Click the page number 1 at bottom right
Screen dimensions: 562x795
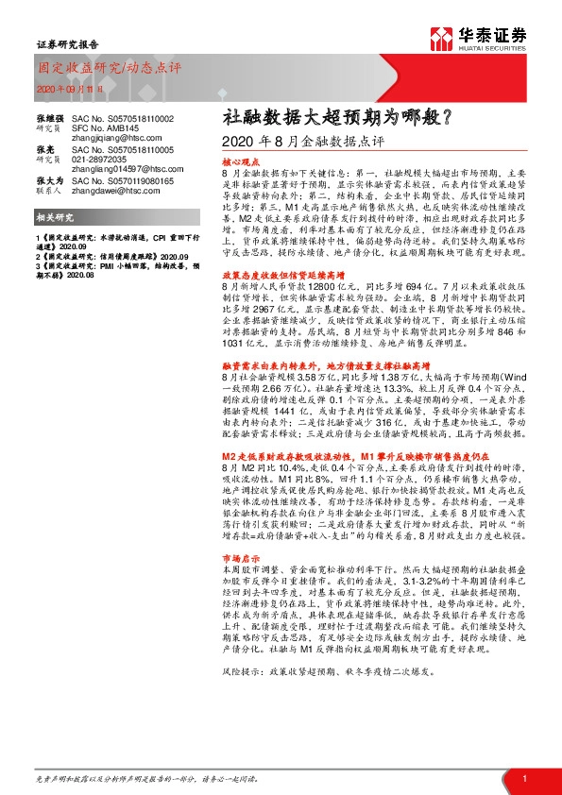click(x=522, y=777)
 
